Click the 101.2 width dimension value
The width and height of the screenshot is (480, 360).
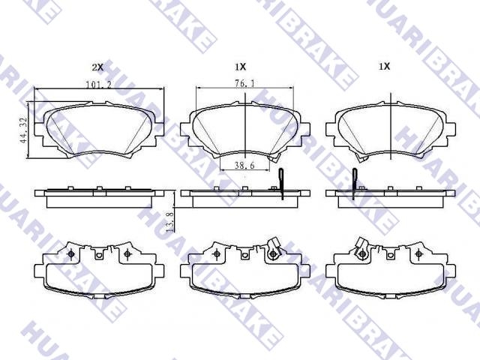(98, 85)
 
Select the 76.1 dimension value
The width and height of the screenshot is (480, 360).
(244, 83)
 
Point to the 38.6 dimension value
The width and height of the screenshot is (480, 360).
(244, 166)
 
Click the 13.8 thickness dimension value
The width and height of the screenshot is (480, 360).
(170, 222)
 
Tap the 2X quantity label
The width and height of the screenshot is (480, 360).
(97, 67)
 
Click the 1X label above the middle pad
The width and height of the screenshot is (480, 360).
(240, 67)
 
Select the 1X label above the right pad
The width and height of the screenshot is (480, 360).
(385, 66)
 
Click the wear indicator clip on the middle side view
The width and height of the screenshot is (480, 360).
(281, 184)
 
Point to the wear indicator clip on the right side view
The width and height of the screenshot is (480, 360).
(355, 184)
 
